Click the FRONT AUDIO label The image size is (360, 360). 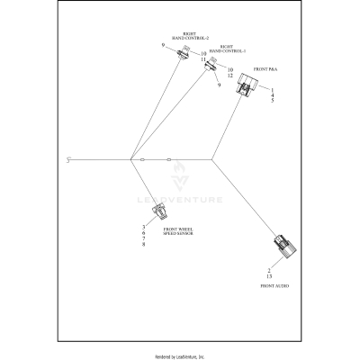274,284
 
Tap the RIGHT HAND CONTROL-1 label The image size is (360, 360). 221,49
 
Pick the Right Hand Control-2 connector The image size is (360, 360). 182,54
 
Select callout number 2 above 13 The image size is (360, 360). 269,269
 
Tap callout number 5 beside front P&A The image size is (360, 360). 272,101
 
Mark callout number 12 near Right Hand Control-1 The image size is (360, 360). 230,76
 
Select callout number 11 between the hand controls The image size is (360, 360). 203,59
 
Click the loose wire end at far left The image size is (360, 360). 69,160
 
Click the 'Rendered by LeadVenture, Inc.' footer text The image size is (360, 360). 180,355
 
